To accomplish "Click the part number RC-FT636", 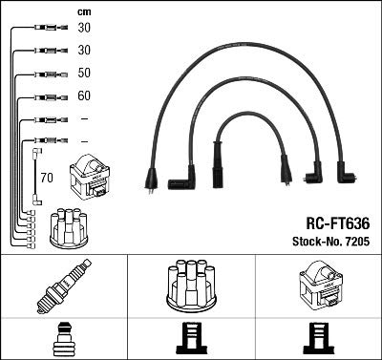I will (x=329, y=222).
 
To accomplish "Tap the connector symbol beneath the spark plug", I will (x=63, y=340).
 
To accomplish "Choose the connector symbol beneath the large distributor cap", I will (x=191, y=340).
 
